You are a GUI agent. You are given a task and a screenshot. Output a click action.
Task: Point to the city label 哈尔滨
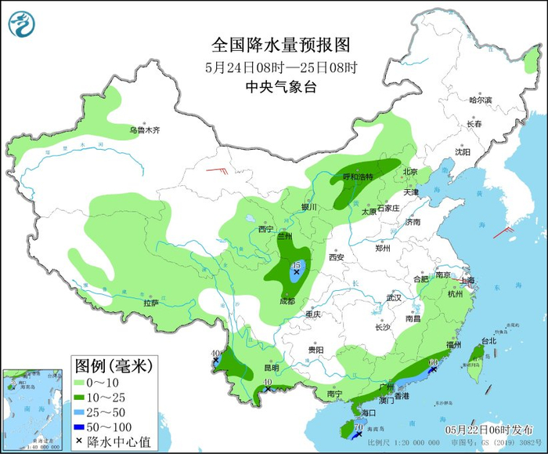pyautogui.click(x=480, y=100)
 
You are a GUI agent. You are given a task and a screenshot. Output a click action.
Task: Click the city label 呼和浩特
pyautogui.click(x=359, y=177)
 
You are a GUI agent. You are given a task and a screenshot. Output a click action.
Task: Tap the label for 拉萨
pyautogui.click(x=151, y=303)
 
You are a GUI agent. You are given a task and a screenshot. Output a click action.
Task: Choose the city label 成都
pyautogui.click(x=287, y=300)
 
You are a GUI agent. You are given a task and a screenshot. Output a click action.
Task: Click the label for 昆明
pyautogui.click(x=271, y=368)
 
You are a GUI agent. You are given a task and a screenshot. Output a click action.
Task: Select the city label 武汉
pyautogui.click(x=393, y=298)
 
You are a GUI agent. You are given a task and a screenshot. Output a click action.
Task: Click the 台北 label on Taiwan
pyautogui.click(x=489, y=341)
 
